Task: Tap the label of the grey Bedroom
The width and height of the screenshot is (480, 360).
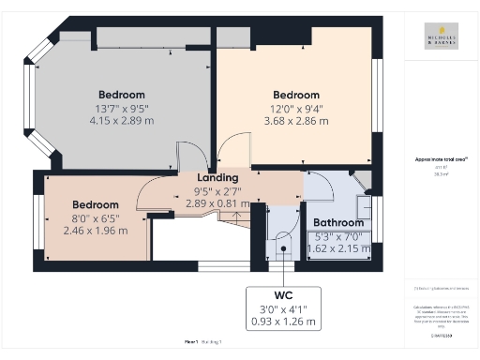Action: click(122, 95)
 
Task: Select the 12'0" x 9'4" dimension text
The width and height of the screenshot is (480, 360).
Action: click(296, 108)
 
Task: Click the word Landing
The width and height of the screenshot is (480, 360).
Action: click(217, 177)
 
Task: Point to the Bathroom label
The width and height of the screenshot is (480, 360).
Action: click(338, 222)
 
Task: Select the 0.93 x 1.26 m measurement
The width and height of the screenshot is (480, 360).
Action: click(284, 322)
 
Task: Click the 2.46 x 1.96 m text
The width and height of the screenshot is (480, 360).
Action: click(96, 231)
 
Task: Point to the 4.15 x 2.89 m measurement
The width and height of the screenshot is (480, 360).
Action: click(122, 121)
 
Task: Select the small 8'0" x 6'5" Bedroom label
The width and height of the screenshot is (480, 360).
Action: click(96, 204)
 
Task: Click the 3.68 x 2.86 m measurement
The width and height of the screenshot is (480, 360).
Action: click(296, 121)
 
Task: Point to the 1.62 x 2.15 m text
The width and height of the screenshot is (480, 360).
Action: click(338, 248)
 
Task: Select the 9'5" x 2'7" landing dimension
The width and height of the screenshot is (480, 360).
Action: click(217, 190)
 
